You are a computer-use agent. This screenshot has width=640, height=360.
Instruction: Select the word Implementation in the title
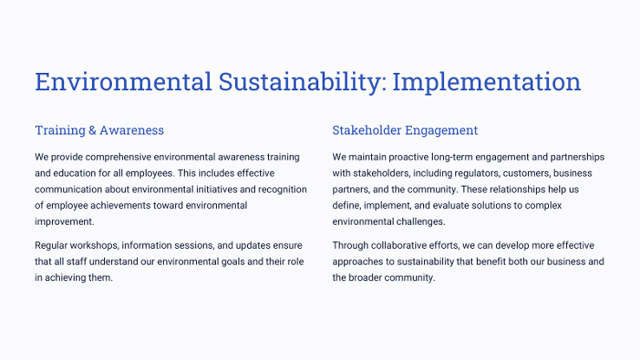click(487, 82)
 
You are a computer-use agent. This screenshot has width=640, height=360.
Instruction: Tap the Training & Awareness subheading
click(99, 130)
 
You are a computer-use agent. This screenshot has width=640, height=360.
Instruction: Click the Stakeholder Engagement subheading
click(405, 130)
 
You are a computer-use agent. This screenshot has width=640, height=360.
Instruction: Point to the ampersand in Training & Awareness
click(92, 130)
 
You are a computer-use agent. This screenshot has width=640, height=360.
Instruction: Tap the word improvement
click(64, 221)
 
